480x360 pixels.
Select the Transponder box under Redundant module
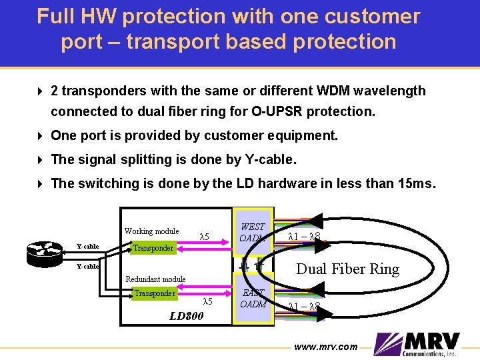155,293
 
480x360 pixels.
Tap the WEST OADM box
253,233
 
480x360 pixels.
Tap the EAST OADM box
253,299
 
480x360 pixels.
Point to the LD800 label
186,315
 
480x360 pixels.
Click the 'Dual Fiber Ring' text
347,269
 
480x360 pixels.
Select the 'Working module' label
151,231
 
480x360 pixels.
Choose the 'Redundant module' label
155,279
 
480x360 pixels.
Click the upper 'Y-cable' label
87,247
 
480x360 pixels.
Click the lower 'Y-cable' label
87,267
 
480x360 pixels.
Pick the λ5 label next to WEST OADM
205,237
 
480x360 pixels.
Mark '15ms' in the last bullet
415,183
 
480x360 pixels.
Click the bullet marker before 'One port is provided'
41,135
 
